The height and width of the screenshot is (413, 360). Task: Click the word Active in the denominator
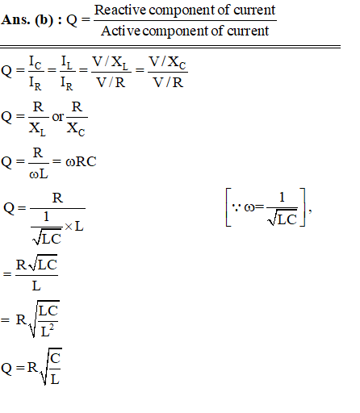[120, 31]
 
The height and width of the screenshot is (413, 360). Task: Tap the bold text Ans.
[15, 20]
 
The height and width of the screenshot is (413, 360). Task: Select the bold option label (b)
[44, 20]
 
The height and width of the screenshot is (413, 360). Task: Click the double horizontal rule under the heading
[170, 47]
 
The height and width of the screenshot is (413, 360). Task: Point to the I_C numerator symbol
[36, 63]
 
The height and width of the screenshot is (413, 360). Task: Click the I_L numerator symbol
[67, 63]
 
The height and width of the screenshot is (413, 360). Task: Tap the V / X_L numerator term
[111, 63]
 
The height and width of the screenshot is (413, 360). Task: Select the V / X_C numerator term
[167, 63]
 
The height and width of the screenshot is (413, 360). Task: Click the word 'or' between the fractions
[58, 117]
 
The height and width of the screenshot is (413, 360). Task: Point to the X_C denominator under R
[76, 129]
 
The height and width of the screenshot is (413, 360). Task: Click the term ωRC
[81, 161]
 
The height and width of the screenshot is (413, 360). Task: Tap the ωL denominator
[39, 174]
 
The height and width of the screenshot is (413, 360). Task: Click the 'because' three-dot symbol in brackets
[236, 207]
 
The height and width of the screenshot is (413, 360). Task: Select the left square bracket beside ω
[228, 207]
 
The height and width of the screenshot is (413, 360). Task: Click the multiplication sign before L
[69, 227]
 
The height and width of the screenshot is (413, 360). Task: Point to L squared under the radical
[47, 331]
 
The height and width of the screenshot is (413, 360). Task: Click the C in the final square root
[55, 358]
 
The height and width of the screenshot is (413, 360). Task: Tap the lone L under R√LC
[36, 286]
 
